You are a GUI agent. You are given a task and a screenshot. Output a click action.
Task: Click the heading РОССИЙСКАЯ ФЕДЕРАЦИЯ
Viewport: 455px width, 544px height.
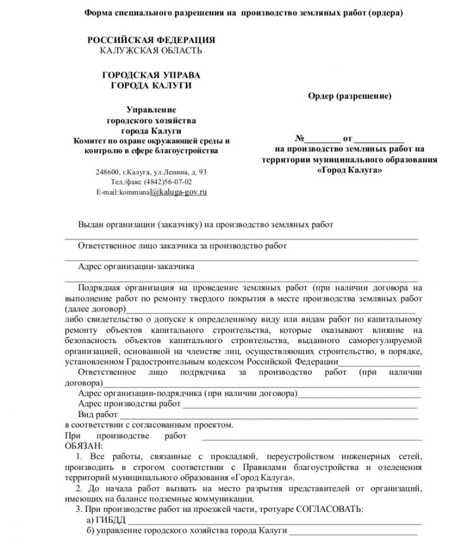(x=151, y=40)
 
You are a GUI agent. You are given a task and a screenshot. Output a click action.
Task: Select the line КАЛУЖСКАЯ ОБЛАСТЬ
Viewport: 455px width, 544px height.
(x=151, y=51)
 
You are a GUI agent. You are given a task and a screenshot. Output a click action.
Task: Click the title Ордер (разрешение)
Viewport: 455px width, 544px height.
(x=349, y=97)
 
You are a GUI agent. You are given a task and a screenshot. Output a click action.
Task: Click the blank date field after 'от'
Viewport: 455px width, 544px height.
(x=379, y=138)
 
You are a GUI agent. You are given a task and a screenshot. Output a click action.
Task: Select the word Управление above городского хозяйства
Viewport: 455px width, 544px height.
(x=151, y=109)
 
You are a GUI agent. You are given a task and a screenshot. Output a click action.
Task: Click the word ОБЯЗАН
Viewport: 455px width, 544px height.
(x=83, y=446)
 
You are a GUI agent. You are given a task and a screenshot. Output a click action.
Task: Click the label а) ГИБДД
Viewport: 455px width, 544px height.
(x=106, y=519)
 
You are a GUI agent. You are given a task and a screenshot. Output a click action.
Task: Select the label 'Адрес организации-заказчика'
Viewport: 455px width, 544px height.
(x=136, y=267)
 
